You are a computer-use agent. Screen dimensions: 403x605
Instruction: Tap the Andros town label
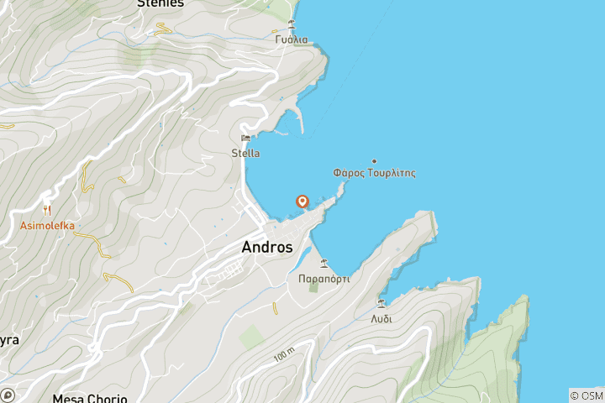click(x=267, y=248)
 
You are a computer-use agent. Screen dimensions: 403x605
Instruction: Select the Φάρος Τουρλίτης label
click(x=374, y=173)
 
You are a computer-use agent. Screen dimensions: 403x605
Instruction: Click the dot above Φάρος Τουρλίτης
click(x=374, y=161)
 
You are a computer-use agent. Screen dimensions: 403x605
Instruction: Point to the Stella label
click(x=245, y=153)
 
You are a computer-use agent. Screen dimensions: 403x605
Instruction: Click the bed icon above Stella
click(x=245, y=139)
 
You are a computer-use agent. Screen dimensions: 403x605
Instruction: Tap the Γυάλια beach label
click(x=292, y=39)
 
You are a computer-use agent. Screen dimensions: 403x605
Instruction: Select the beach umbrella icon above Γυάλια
click(x=292, y=24)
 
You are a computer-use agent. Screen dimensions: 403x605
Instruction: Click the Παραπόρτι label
click(x=324, y=278)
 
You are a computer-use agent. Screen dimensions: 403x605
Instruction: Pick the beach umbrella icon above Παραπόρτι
click(x=324, y=263)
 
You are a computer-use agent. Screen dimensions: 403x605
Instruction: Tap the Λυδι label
click(x=381, y=319)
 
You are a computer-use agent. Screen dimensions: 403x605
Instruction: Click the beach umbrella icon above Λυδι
click(x=381, y=303)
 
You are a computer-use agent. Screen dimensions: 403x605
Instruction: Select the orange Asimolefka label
click(x=47, y=225)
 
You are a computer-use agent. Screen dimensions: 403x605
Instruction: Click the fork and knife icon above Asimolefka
click(x=47, y=209)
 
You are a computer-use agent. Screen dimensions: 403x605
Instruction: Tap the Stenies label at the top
click(x=160, y=3)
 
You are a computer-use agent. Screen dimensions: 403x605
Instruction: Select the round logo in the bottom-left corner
click(x=8, y=395)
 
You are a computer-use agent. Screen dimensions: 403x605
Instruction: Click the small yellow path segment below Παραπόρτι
click(x=275, y=309)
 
